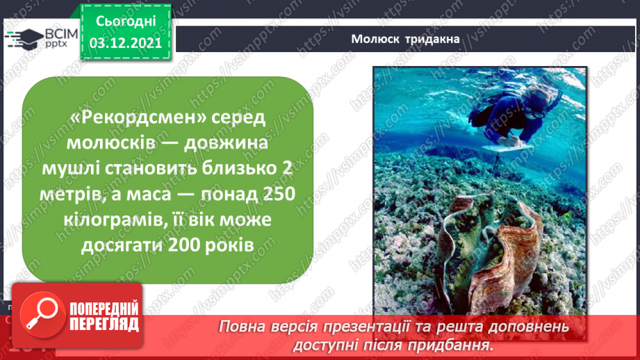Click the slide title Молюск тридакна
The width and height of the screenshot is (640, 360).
point(406,39)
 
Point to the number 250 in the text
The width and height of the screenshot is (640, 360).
point(274,197)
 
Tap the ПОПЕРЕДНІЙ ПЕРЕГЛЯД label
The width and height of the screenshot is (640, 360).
point(104,317)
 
